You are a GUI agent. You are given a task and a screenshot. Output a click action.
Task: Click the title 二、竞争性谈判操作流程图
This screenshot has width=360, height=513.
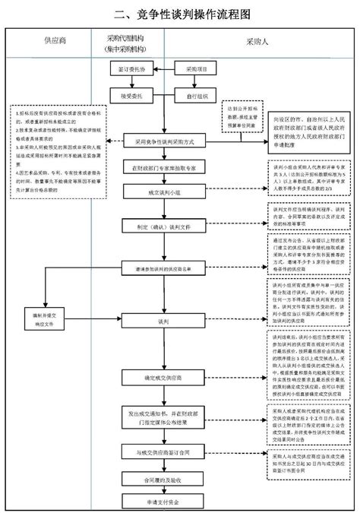coord(181,14)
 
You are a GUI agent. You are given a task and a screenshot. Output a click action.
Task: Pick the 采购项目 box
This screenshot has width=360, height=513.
coord(185,69)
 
